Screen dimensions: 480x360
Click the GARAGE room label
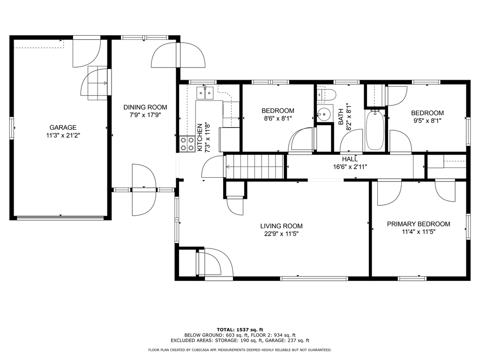click(63, 127)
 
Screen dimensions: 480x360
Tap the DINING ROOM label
click(145, 107)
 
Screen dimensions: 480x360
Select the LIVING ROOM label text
click(281, 226)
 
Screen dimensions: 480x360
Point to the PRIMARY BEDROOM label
click(419, 224)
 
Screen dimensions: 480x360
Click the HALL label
click(350, 159)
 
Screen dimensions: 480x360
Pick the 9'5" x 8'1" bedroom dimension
click(427, 120)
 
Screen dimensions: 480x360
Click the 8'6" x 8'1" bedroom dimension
click(278, 119)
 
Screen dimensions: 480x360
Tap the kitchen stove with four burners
click(187, 143)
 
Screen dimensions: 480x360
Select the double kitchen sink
click(205, 92)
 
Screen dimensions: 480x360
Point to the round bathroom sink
click(324, 113)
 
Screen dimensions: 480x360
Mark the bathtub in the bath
click(375, 130)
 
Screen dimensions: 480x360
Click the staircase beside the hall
click(254, 166)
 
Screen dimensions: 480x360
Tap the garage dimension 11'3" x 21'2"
click(63, 135)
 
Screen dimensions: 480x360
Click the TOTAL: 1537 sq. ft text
click(240, 330)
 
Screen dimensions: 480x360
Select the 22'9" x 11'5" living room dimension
click(281, 234)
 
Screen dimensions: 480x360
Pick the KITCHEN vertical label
click(200, 137)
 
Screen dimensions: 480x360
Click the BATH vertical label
click(341, 117)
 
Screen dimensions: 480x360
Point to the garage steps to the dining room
click(97, 82)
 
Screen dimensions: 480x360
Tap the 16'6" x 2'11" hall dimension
click(350, 167)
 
